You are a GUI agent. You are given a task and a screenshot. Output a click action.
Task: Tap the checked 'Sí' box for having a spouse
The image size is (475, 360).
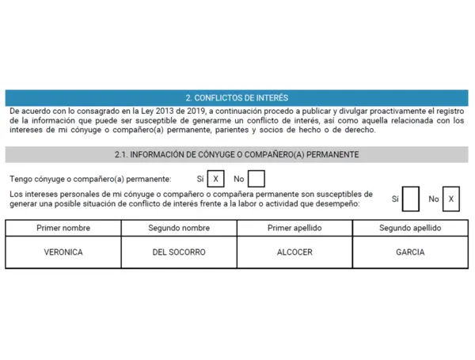point(215,180)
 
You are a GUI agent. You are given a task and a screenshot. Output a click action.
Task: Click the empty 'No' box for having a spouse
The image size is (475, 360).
point(256,180)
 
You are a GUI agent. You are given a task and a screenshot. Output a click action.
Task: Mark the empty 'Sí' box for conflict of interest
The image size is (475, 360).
point(410,199)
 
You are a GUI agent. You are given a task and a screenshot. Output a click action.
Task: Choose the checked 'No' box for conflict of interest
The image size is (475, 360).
point(451,199)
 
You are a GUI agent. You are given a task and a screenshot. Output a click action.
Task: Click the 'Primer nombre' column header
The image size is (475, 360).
point(63,228)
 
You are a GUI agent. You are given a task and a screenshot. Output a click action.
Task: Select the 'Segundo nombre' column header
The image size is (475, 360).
point(179,228)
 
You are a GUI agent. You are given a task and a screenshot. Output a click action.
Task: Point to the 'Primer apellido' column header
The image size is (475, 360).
point(294,228)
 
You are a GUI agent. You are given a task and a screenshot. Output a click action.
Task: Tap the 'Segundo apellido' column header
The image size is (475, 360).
point(410,228)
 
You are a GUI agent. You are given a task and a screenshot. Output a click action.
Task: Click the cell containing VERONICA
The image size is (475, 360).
point(63,252)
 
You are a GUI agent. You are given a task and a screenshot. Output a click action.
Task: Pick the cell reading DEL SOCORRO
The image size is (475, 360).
point(179,252)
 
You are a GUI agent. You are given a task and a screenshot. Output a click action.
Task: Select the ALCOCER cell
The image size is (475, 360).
point(294,252)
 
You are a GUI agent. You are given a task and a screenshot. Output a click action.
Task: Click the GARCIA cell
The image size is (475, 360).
point(410,252)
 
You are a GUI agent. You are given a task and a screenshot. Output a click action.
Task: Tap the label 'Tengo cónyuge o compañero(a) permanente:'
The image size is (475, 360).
point(90,180)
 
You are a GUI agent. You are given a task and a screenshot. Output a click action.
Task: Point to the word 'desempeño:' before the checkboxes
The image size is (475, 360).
point(339,204)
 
